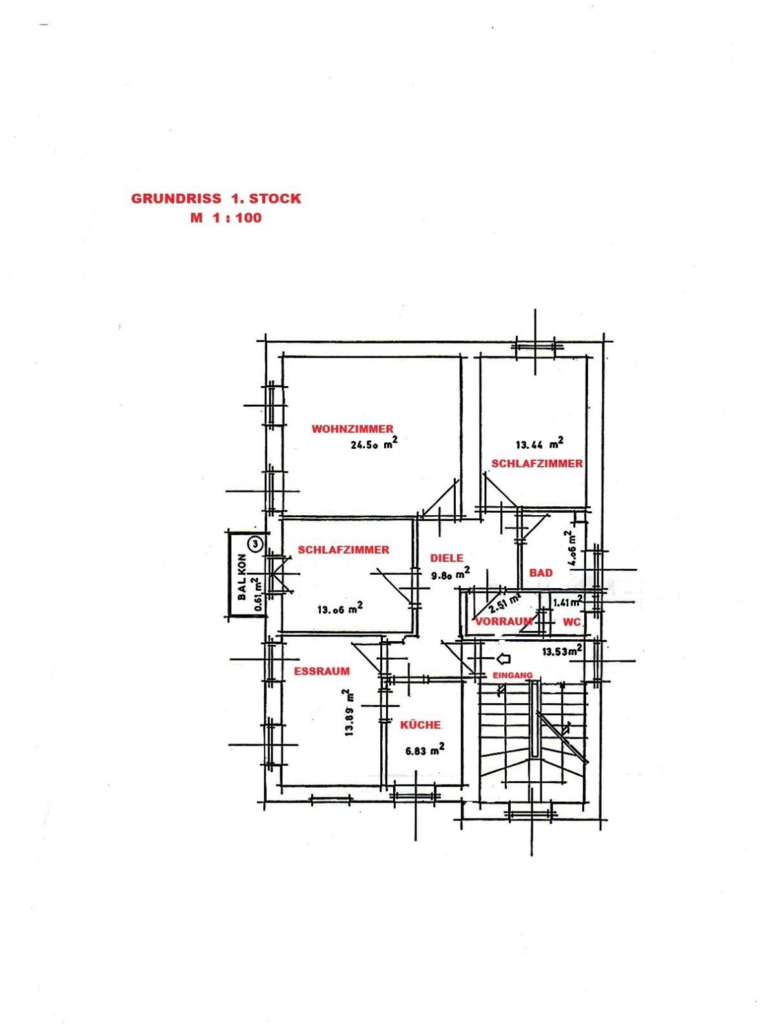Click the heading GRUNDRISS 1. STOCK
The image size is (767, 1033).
(216, 199)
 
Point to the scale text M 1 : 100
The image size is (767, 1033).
(226, 218)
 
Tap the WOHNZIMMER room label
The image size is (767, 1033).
(353, 429)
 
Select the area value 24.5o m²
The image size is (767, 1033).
(374, 444)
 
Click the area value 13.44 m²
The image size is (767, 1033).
(539, 444)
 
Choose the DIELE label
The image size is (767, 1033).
(447, 558)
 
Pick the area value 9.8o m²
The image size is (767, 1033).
(451, 574)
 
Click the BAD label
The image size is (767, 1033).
(541, 573)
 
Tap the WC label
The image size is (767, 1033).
(572, 622)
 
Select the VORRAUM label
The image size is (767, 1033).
(504, 621)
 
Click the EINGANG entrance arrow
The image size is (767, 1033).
(504, 659)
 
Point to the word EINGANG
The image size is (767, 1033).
(512, 675)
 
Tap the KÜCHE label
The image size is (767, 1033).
(420, 725)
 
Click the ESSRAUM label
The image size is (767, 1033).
(322, 671)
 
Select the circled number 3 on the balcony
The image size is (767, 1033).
(256, 543)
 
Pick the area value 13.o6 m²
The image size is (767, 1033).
(340, 609)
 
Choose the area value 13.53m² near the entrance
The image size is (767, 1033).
(562, 651)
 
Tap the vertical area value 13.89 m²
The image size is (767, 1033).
(350, 712)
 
